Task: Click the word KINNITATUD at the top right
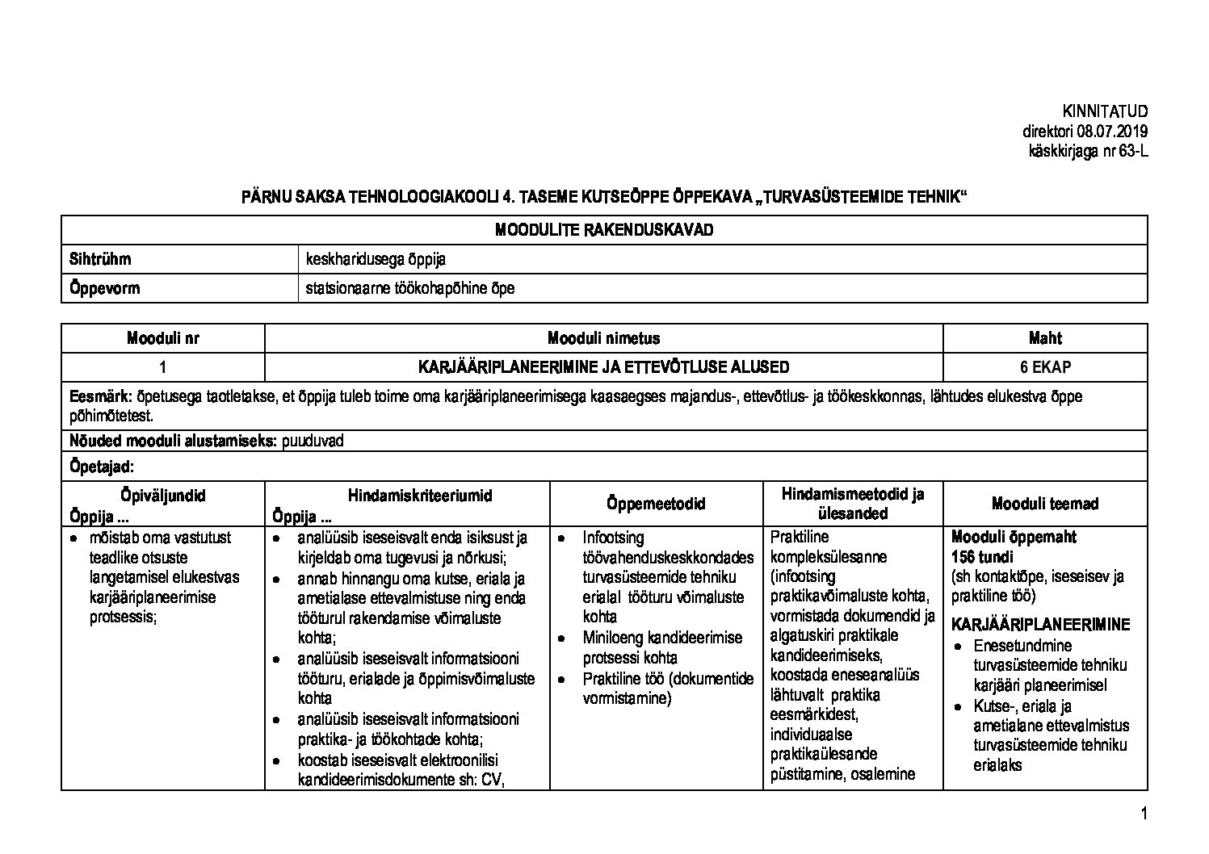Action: (1105, 111)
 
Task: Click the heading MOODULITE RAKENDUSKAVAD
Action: (604, 230)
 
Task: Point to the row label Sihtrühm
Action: (100, 259)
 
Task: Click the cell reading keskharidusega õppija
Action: (376, 259)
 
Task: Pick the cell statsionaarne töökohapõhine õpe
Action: (410, 288)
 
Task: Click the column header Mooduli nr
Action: (162, 338)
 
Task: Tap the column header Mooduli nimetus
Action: (603, 338)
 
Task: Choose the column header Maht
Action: (1045, 338)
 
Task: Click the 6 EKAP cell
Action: (1045, 367)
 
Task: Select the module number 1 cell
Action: (162, 367)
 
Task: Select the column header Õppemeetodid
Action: (656, 504)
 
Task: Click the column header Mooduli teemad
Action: (1045, 504)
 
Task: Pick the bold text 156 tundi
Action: (983, 556)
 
